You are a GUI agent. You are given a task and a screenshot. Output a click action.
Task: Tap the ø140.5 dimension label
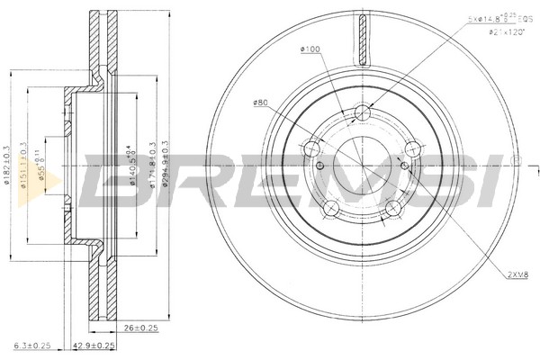tap(132, 163)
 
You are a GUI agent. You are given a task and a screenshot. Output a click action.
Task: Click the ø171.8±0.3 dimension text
tap(153, 164)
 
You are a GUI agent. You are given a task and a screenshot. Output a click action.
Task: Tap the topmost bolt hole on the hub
tap(363, 112)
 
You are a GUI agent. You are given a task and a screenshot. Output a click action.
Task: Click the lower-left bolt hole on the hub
tap(331, 210)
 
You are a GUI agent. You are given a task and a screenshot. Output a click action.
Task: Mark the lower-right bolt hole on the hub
tap(394, 210)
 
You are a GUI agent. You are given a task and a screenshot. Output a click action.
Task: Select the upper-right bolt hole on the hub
tap(413, 149)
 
